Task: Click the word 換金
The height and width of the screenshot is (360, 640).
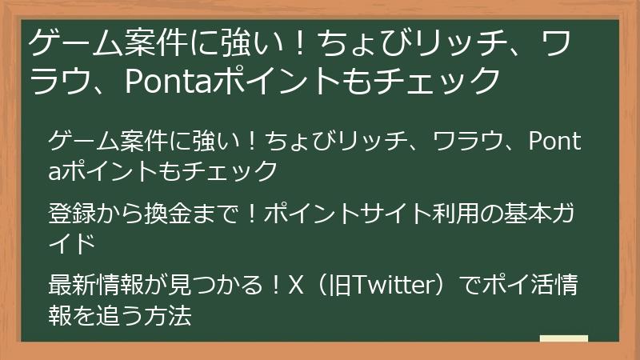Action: pos(166,214)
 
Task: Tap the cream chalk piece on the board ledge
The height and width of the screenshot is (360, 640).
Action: pos(563,339)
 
